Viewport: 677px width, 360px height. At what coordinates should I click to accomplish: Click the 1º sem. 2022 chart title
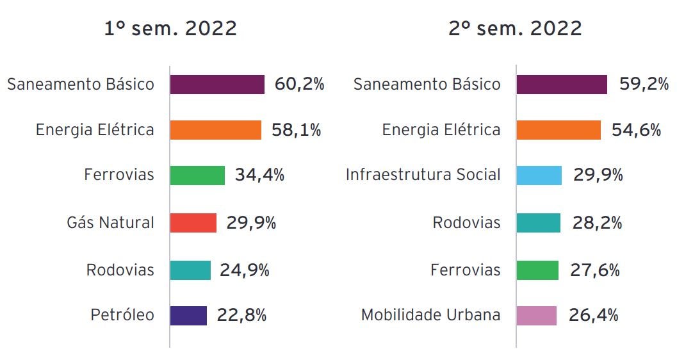click(170, 29)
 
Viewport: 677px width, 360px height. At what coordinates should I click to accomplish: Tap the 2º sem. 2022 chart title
click(516, 29)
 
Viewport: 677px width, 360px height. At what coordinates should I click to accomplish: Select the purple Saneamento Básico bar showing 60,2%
click(217, 85)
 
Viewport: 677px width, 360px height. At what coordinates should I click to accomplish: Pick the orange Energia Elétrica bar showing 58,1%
click(216, 130)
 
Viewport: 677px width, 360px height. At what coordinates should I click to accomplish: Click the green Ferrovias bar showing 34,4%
click(197, 176)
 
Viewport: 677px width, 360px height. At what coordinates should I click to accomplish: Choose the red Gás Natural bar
click(193, 223)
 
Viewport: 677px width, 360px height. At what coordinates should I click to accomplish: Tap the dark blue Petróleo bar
click(188, 316)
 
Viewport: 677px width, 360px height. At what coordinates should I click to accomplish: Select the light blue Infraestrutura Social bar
click(539, 176)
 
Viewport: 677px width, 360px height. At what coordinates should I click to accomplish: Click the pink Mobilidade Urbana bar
click(536, 316)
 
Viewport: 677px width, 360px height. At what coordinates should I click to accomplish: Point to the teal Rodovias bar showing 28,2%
click(538, 223)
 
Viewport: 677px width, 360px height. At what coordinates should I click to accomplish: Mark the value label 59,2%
click(644, 84)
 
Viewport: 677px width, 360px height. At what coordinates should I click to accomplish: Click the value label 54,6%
click(636, 130)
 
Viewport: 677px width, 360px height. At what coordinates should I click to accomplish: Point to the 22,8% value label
click(241, 316)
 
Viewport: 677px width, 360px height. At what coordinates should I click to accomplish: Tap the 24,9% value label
click(245, 270)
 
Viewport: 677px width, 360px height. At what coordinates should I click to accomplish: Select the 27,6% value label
click(595, 270)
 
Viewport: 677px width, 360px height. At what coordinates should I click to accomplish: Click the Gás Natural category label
click(111, 223)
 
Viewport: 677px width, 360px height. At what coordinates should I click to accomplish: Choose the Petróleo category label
click(122, 316)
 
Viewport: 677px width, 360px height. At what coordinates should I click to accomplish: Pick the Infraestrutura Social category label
click(423, 176)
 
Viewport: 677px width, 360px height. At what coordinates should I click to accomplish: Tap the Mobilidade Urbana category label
click(431, 316)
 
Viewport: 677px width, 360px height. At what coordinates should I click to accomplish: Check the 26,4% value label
click(594, 316)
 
